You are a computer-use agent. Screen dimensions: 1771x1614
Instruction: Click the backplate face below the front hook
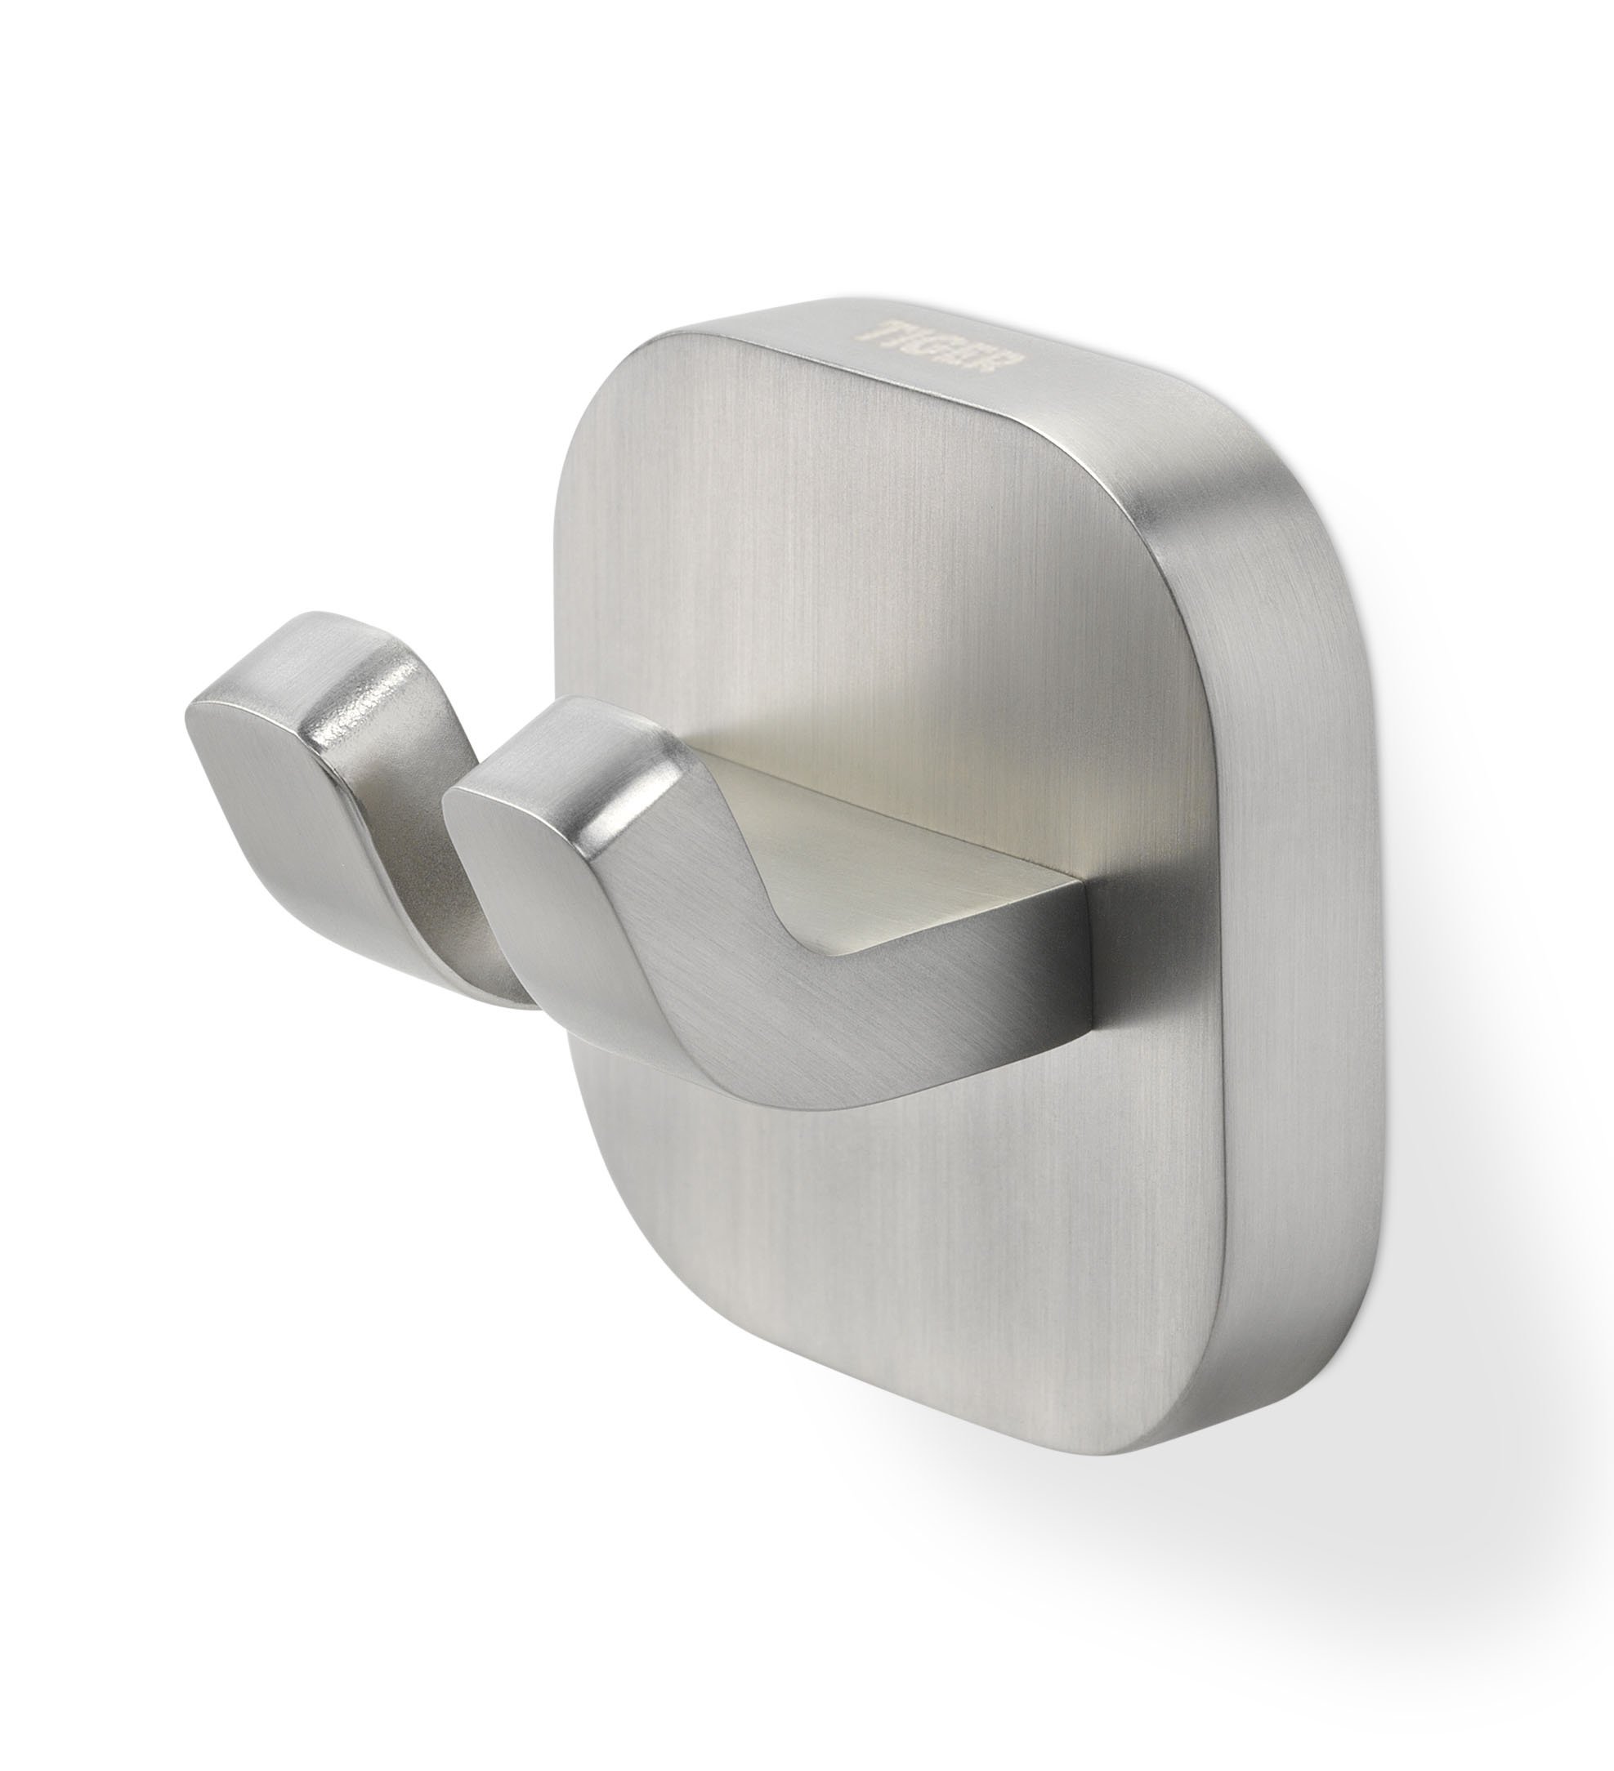click(879, 1318)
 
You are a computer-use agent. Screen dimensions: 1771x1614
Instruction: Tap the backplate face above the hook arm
click(879, 571)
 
